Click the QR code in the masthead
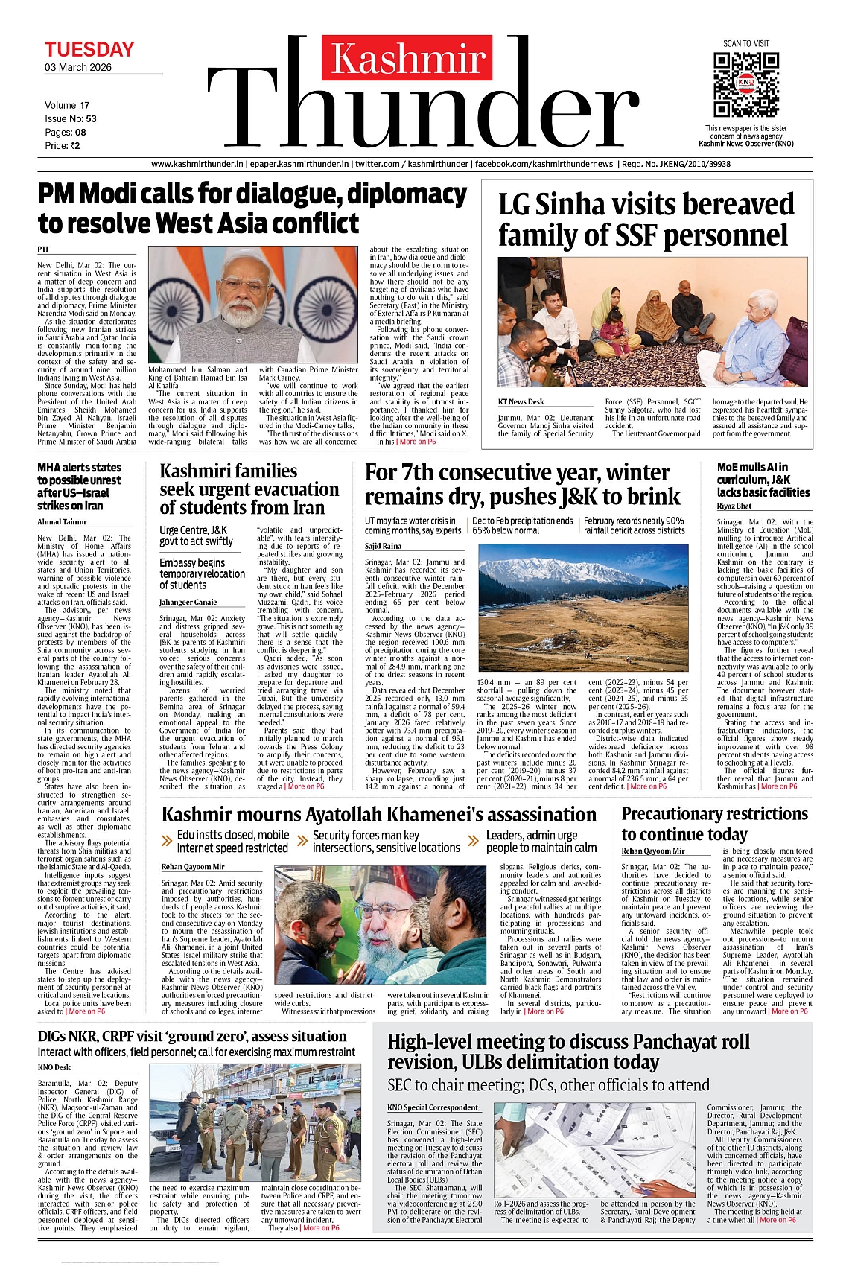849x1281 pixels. [746, 83]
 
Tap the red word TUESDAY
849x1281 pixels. [89, 50]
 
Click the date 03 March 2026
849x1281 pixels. [78, 67]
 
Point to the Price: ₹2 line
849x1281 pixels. [63, 146]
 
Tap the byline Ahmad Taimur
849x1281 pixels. [62, 522]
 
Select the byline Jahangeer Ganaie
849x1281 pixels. [188, 602]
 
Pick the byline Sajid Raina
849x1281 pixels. [383, 546]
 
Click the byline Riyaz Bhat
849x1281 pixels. [734, 506]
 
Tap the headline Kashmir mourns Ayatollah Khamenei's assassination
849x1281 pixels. [379, 815]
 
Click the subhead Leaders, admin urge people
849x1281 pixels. [541, 842]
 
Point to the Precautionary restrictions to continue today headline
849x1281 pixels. [714, 824]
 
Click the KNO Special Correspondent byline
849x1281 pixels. [433, 1107]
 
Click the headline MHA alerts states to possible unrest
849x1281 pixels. [80, 486]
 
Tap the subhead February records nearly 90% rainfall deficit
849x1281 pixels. [634, 526]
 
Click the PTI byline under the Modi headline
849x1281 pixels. [43, 249]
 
